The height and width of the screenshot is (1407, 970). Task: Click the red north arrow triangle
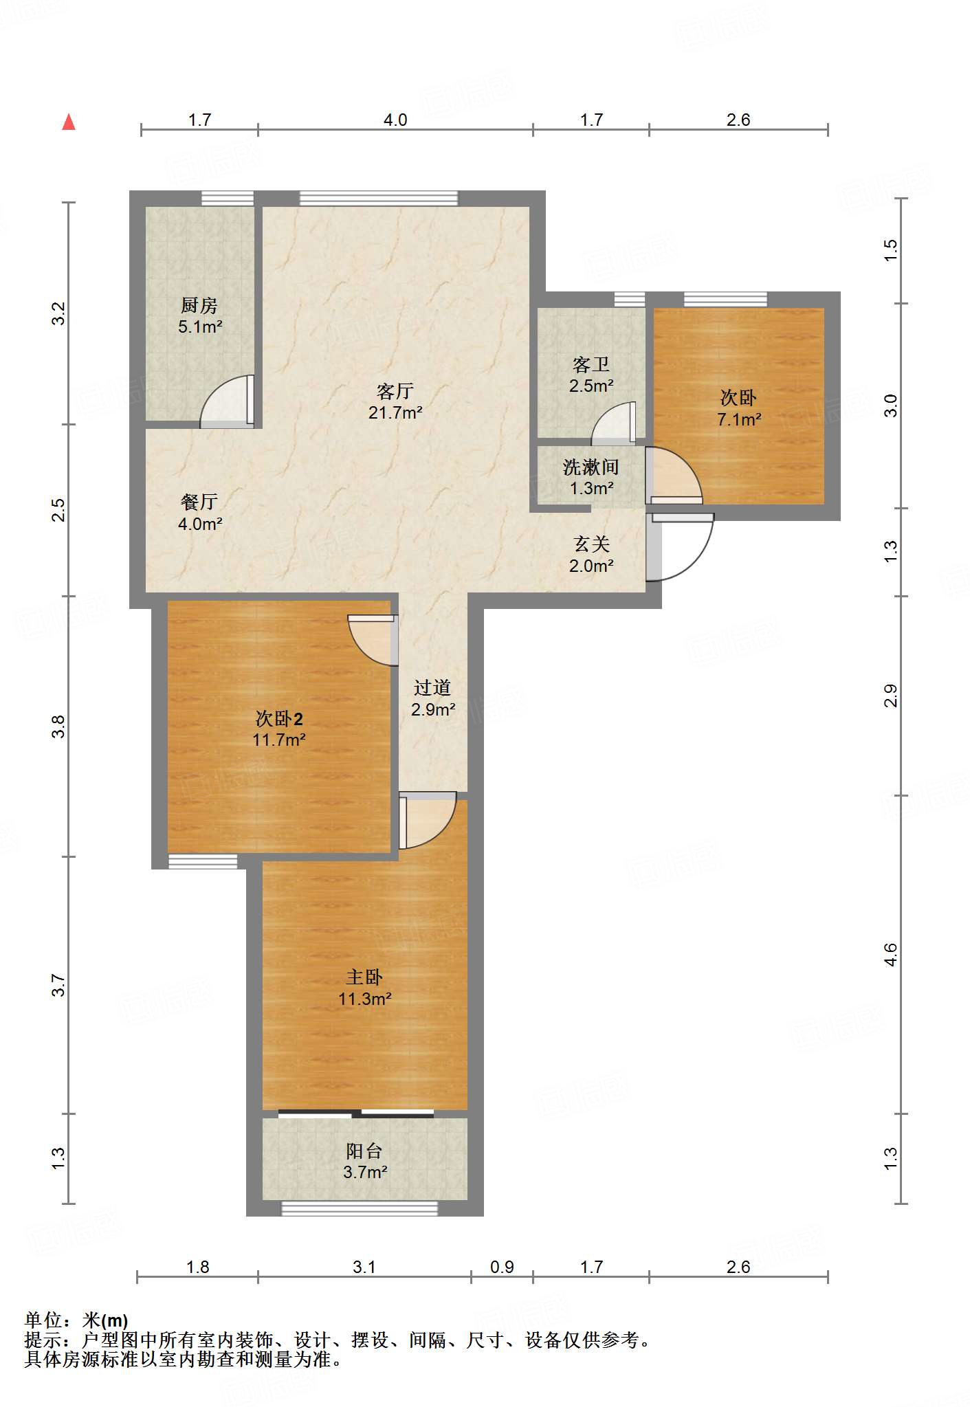point(69,122)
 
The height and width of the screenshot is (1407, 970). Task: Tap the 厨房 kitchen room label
point(199,305)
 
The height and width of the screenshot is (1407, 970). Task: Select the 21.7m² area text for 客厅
point(395,412)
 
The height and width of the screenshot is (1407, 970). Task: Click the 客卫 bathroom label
point(591,364)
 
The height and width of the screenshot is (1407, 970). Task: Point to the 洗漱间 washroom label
point(591,467)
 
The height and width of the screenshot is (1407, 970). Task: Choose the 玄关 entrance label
point(592,544)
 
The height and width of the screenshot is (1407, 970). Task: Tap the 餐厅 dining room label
point(199,502)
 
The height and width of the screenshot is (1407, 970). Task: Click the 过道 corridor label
point(432,688)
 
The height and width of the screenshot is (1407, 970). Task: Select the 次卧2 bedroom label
point(279,719)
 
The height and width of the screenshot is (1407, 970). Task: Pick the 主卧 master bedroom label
point(364,977)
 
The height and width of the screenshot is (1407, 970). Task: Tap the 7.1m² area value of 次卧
point(739,419)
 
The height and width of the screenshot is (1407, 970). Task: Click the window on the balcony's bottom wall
point(360,1208)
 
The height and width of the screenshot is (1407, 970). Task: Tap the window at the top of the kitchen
point(228,199)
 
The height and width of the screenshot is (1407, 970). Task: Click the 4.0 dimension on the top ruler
point(395,120)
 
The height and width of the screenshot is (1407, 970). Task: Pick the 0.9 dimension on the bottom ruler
point(502,1267)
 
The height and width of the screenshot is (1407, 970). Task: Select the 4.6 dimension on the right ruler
point(890,954)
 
